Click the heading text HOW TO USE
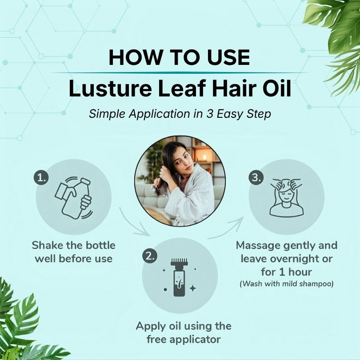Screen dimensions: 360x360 point(180,58)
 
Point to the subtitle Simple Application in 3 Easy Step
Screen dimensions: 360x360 point(180,114)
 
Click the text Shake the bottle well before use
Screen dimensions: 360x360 point(73,251)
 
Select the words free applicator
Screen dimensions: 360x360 point(184,340)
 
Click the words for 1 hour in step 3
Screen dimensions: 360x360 point(286,272)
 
